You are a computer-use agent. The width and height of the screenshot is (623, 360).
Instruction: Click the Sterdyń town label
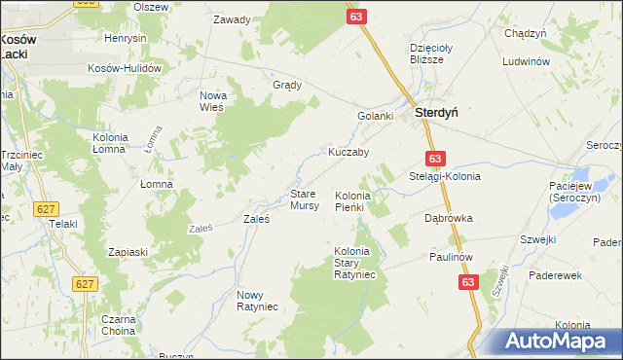(x=437, y=112)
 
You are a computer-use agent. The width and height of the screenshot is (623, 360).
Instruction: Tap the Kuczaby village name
(x=348, y=153)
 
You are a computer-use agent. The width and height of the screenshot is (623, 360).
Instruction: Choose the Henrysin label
(x=126, y=38)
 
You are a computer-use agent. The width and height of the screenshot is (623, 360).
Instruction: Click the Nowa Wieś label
(x=212, y=101)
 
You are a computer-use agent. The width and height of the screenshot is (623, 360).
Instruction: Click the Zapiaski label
(x=128, y=252)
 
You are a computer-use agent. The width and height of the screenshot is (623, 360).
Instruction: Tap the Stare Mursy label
(x=305, y=200)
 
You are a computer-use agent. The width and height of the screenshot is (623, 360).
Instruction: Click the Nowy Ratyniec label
(x=258, y=301)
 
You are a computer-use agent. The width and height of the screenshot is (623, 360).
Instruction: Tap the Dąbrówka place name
(x=449, y=219)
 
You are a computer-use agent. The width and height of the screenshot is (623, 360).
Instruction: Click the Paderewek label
(x=555, y=275)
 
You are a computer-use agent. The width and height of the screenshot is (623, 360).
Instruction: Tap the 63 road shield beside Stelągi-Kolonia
(x=434, y=159)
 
